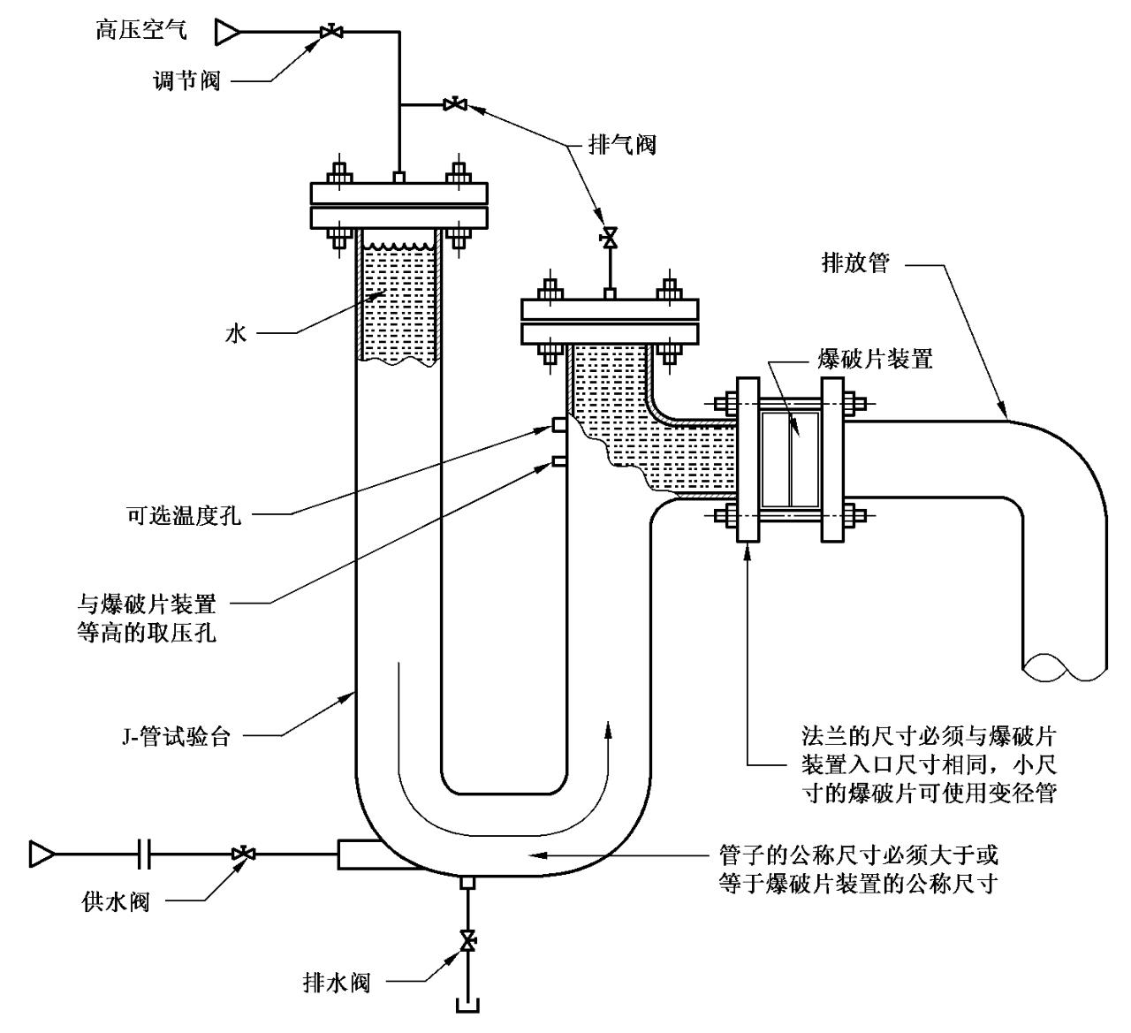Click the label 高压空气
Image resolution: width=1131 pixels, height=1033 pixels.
pos(140,31)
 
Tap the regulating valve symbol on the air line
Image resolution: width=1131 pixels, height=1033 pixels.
pos(332,33)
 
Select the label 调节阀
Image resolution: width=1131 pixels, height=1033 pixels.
pos(186,81)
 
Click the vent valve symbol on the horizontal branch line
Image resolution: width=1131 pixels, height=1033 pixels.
pos(456,105)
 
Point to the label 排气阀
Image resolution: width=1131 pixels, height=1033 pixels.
pos(622,144)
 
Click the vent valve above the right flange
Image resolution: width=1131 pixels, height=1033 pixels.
pos(608,238)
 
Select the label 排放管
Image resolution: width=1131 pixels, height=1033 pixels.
pos(855,262)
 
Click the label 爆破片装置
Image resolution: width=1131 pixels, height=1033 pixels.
pos(876,359)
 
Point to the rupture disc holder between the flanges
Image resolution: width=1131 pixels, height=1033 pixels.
pos(791,460)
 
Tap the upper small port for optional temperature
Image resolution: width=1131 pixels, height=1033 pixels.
pos(558,425)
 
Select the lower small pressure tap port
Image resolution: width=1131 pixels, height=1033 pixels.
pos(558,460)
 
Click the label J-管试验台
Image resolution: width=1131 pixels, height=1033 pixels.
pos(175,736)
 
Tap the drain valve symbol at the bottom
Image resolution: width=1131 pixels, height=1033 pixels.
pos(467,938)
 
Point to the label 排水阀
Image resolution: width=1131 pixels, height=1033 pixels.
pos(336,982)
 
